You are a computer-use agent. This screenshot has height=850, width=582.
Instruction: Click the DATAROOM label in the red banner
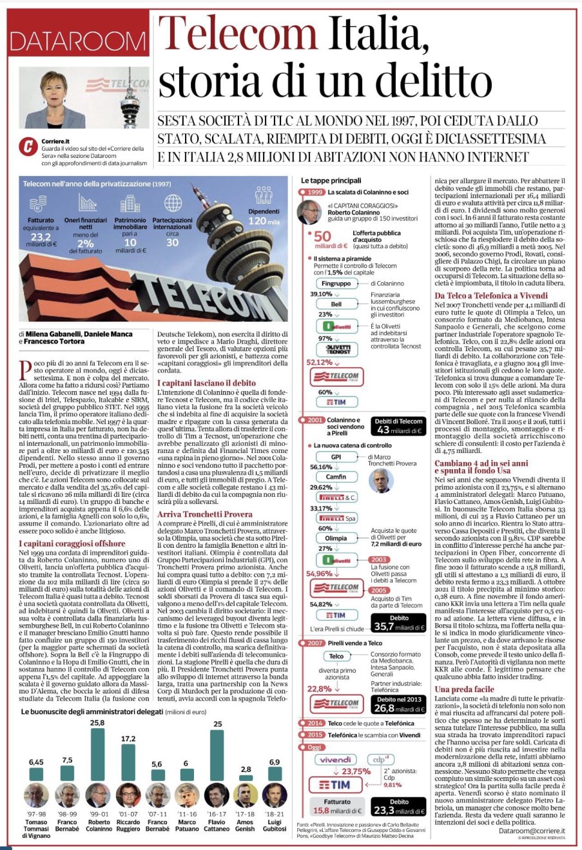78,41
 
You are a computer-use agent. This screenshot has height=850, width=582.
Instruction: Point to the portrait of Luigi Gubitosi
275,795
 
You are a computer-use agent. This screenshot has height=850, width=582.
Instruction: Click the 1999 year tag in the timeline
315,192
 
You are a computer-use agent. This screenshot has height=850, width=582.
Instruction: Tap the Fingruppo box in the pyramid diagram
336,283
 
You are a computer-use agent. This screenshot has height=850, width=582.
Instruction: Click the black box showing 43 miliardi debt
399,426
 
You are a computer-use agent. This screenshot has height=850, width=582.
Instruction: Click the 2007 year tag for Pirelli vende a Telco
315,642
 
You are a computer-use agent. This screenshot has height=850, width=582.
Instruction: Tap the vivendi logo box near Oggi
336,760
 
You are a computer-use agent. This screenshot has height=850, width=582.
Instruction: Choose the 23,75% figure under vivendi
356,771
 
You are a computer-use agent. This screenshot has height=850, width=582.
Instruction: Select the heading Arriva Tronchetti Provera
205,514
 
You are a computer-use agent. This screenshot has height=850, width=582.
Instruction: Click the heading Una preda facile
464,689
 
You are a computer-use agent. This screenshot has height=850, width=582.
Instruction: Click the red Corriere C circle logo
28,146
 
